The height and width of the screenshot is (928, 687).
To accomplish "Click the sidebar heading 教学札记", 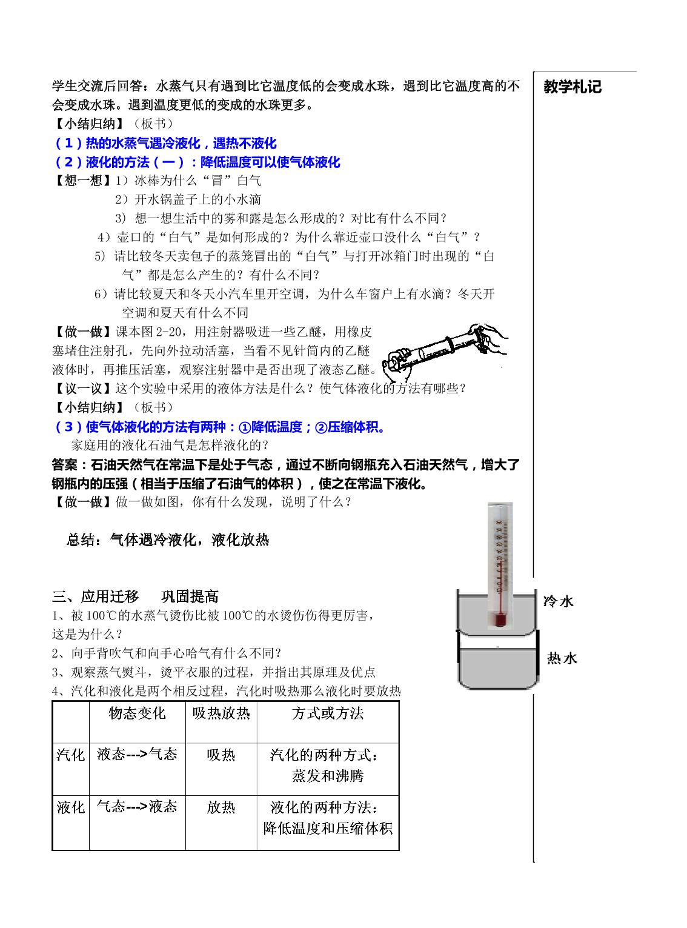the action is point(572,87).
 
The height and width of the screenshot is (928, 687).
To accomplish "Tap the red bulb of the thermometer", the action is point(500,619).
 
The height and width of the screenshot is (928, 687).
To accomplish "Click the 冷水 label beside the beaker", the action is point(559,602).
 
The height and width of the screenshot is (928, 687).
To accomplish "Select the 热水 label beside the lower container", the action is point(562,658).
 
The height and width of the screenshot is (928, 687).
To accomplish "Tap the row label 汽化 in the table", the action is point(70,755).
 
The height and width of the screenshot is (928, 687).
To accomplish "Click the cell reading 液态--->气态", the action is point(137,754).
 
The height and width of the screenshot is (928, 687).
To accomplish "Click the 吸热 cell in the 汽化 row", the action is point(221,755).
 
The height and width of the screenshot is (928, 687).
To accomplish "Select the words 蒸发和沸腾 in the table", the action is point(328,776).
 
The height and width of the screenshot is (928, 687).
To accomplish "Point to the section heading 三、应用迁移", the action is point(95,596).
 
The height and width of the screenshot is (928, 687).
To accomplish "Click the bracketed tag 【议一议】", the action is point(83,389).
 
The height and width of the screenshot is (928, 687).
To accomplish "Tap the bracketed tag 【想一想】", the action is point(83,181).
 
